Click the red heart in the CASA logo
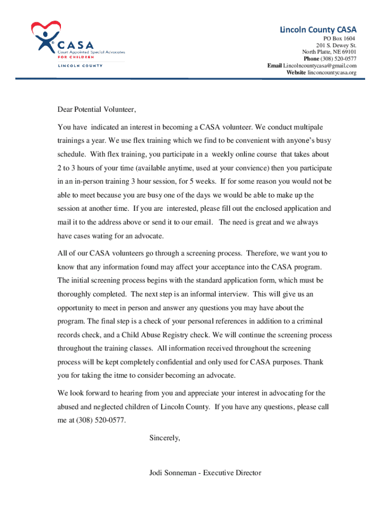46,28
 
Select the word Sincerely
165,437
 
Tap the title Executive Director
232,473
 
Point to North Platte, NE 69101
329,52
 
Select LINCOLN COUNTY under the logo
80,66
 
